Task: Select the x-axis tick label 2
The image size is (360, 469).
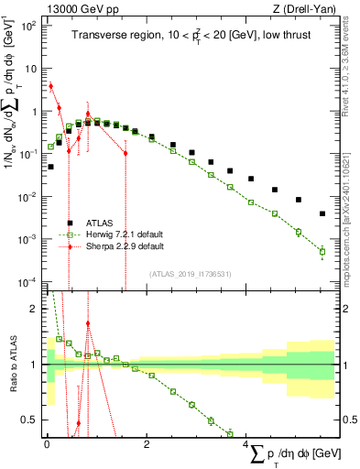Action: [x=147, y=444]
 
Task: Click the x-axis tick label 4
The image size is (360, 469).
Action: [x=248, y=444]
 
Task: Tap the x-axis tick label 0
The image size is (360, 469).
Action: [x=47, y=444]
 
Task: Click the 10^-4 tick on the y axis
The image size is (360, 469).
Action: [x=27, y=280]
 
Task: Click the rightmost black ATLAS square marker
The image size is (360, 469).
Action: [x=322, y=213]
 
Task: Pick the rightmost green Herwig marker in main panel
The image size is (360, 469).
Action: [x=322, y=251]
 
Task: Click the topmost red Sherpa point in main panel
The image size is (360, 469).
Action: [x=50, y=86]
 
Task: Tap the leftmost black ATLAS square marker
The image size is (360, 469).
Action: [x=50, y=167]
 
